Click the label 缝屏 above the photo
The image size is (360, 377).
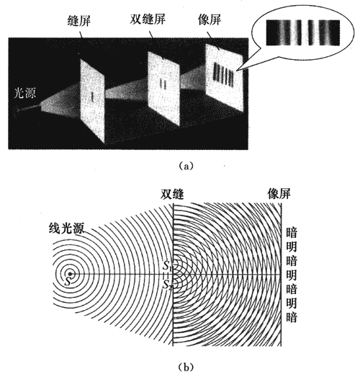[x=79, y=20]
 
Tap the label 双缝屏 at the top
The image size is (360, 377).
[x=148, y=19]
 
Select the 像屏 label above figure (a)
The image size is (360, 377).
[x=210, y=19]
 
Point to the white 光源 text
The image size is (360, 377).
[x=25, y=92]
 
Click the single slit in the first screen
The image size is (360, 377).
[x=92, y=97]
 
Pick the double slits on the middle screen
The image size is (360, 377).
[x=163, y=84]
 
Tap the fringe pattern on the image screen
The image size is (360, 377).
[x=223, y=74]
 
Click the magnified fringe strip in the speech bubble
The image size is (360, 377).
[x=303, y=32]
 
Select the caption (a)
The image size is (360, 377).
[x=186, y=166]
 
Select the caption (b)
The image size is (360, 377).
[x=186, y=367]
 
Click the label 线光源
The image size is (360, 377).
[x=66, y=228]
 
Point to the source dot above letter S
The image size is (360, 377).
[x=70, y=274]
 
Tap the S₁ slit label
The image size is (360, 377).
[x=166, y=266]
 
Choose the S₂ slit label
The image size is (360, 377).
[x=167, y=285]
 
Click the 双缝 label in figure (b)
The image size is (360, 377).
[x=172, y=195]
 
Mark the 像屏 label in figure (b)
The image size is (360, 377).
[x=279, y=194]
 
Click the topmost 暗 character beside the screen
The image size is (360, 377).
[x=292, y=232]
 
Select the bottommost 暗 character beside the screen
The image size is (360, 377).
[x=292, y=317]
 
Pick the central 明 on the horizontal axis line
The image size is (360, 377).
[x=292, y=275]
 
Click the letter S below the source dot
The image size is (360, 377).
[x=68, y=281]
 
